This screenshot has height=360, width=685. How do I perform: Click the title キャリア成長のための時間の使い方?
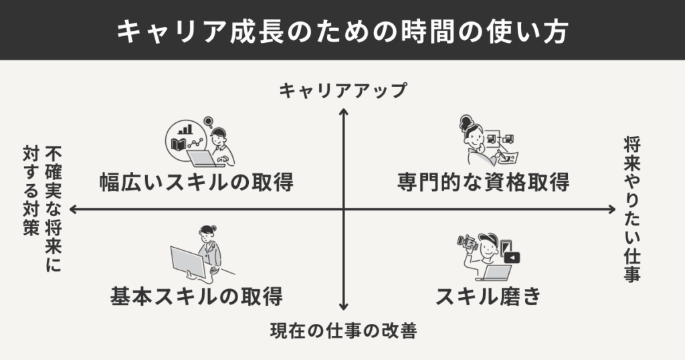click(342, 31)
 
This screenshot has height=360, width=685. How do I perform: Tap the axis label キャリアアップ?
click(342, 92)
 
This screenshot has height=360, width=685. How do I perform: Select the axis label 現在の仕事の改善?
click(342, 330)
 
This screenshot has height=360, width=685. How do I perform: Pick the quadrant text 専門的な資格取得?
click(483, 182)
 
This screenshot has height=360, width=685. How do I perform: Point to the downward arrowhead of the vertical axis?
click(343, 306)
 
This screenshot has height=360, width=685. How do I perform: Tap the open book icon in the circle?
click(180, 144)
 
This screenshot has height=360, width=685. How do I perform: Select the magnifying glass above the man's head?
click(208, 122)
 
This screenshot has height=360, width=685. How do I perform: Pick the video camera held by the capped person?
click(466, 242)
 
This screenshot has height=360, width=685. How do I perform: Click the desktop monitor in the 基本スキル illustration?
click(187, 264)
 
